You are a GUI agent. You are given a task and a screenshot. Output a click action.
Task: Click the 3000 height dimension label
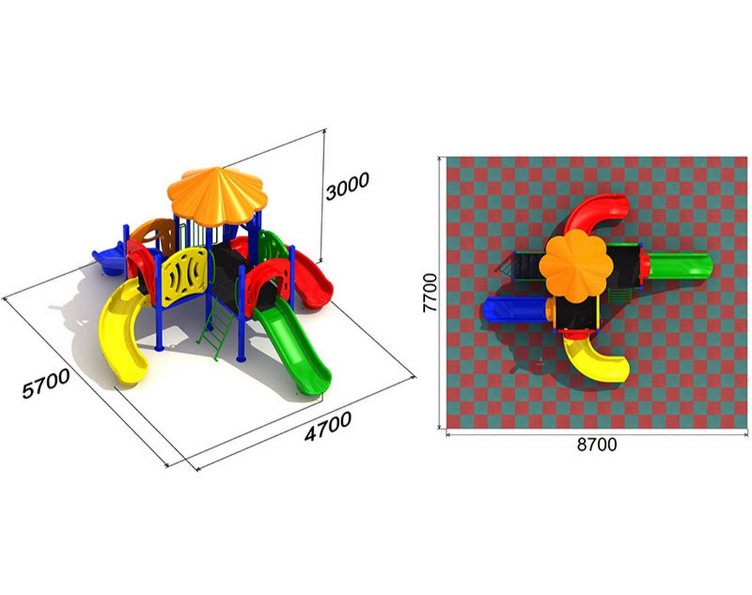(x=348, y=185)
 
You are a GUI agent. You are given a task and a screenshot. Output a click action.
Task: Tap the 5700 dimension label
(x=46, y=383)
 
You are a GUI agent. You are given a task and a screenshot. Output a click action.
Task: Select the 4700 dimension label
(x=328, y=426)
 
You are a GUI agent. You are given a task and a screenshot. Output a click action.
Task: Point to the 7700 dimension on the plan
(x=430, y=292)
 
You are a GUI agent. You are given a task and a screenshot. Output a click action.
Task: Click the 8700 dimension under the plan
(x=597, y=445)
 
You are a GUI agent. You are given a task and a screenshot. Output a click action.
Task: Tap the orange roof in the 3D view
(x=215, y=196)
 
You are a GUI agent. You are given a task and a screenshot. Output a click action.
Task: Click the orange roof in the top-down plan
(x=576, y=265)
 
